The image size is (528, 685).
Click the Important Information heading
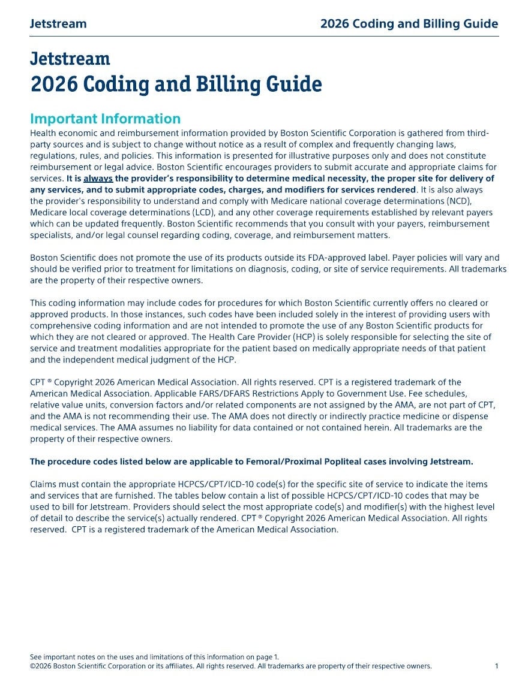(105, 119)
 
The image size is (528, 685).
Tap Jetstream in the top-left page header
(58, 24)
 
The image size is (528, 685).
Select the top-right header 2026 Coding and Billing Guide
(409, 24)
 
